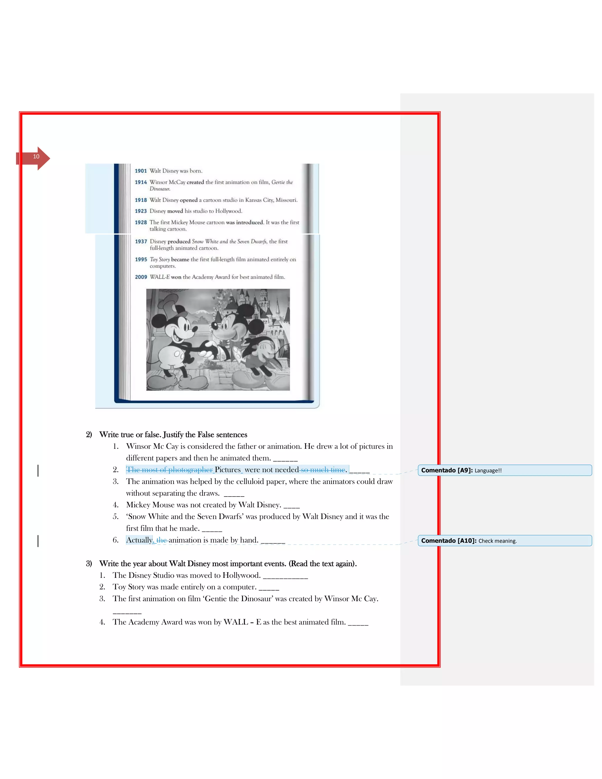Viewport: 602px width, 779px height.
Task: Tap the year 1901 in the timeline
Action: pyautogui.click(x=141, y=171)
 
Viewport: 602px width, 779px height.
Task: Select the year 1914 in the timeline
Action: pyautogui.click(x=141, y=182)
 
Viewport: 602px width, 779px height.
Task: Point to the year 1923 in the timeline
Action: pyautogui.click(x=141, y=211)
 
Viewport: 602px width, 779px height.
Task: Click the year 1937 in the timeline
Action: pyautogui.click(x=141, y=241)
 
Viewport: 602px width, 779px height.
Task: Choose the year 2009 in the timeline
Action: pyautogui.click(x=141, y=277)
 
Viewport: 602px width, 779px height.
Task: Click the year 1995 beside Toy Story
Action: pyautogui.click(x=141, y=259)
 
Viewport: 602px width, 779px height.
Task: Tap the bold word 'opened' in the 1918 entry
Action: pyautogui.click(x=189, y=200)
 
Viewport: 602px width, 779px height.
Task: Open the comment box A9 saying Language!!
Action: pyautogui.click(x=505, y=470)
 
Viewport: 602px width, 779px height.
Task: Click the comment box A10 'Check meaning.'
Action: pyautogui.click(x=505, y=540)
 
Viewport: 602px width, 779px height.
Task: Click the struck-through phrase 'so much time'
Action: pyautogui.click(x=323, y=470)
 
